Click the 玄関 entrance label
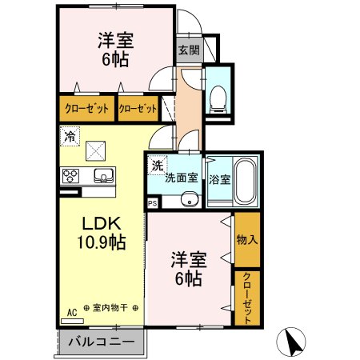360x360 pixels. pos(188,50)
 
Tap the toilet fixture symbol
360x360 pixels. pos(218,98)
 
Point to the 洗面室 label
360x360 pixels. pos(182,178)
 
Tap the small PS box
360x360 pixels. pos(152,204)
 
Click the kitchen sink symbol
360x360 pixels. pos(102,175)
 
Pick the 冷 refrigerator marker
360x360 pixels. pos(70,137)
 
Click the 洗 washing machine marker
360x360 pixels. pos(158,165)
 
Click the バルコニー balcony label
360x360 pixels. pos(100,342)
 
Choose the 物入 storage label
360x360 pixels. pos(246,239)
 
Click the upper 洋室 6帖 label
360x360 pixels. pos(114,50)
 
